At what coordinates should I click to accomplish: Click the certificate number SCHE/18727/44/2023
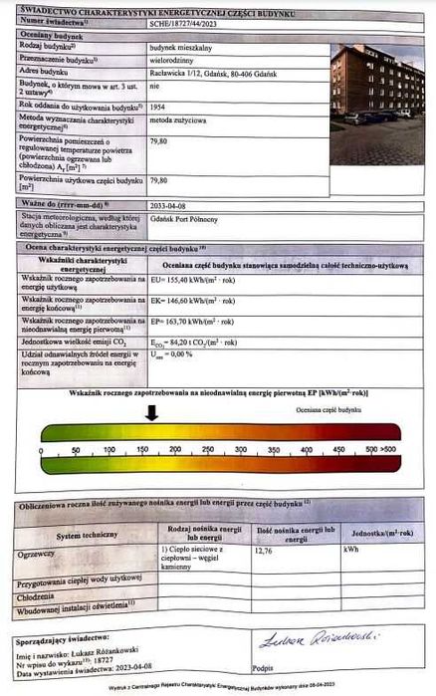point(191,20)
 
